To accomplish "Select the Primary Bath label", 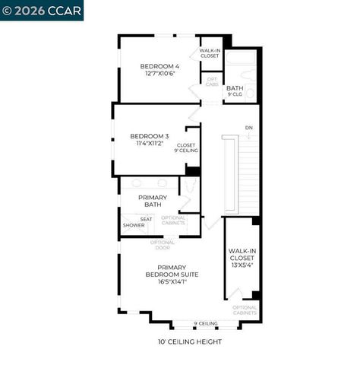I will coord(152,201).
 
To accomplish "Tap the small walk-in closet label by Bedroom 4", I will coord(210,53).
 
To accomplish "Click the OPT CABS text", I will coord(211,82).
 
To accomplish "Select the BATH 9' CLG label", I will coord(235,90).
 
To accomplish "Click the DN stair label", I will coord(248,127).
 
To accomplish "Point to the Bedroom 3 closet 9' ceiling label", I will coord(186,148).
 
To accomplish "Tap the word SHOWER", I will coord(134,225).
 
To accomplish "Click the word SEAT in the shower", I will coord(146,219).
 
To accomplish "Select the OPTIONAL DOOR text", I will coord(163,244).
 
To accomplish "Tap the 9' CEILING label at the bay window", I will coord(205,323).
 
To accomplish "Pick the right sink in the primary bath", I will coord(163,183).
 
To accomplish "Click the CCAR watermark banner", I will coord(42,10).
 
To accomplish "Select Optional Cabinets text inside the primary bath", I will coord(173,221).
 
